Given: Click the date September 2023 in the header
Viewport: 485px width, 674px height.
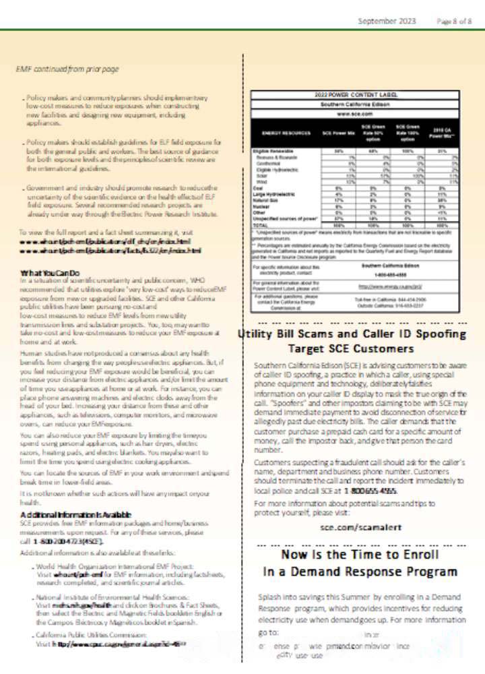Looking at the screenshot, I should (387, 22).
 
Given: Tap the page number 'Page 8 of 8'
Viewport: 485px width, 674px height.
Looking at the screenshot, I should (454, 22).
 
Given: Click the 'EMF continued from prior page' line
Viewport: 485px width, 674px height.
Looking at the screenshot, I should (67, 69).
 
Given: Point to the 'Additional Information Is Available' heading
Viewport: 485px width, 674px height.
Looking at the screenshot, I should (75, 515).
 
